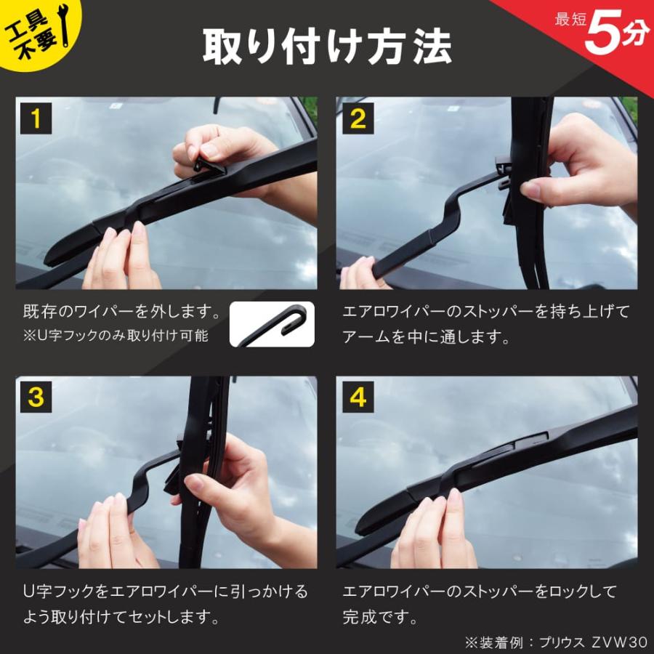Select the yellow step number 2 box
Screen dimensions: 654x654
tap(358, 118)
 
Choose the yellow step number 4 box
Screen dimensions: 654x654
tap(358, 397)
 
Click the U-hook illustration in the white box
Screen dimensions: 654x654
tap(272, 324)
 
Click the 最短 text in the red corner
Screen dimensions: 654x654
tap(570, 20)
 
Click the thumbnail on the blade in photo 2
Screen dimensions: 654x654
tap(531, 191)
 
